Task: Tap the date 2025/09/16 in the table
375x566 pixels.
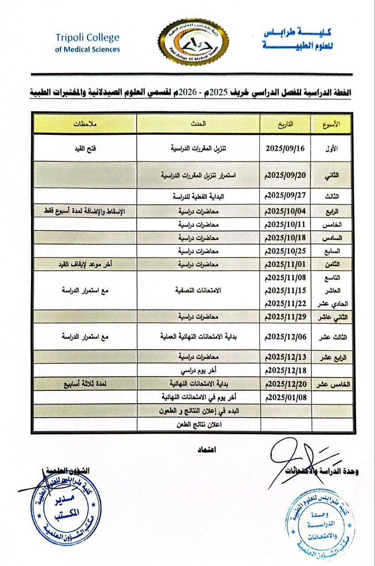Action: (x=285, y=149)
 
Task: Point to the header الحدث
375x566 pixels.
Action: (x=198, y=124)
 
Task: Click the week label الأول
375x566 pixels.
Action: (x=331, y=149)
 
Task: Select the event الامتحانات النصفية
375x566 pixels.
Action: (x=198, y=291)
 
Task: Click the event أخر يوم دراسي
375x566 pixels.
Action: (x=198, y=370)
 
